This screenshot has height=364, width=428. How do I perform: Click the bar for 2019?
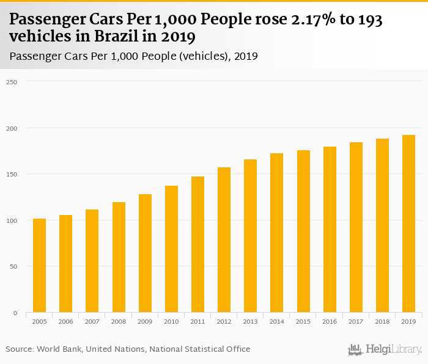point(408,224)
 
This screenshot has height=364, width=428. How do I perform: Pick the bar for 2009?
point(145,253)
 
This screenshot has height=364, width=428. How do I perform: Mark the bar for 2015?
point(303,231)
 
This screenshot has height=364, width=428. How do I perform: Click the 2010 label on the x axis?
point(171,321)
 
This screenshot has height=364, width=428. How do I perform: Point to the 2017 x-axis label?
point(356,321)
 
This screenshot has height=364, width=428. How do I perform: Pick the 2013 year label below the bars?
point(250,321)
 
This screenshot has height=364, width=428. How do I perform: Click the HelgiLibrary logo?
point(385,350)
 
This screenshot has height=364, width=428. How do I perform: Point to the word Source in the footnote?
point(19,349)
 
